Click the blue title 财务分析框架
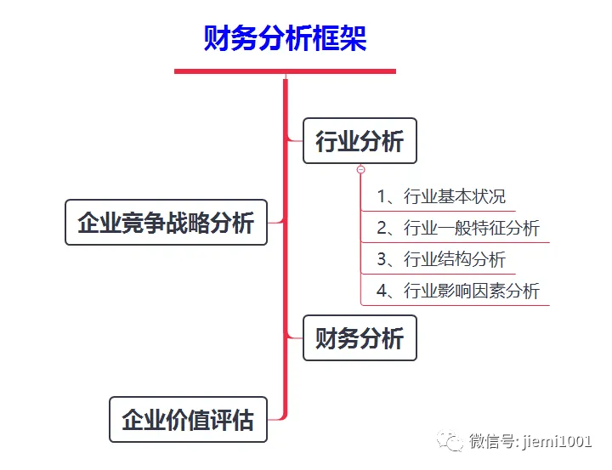(285, 38)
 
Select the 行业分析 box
(360, 141)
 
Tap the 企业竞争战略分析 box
(166, 223)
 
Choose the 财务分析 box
(360, 338)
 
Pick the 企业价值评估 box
(188, 420)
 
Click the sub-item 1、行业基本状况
(441, 196)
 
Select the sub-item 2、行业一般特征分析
(458, 228)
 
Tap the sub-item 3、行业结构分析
(441, 259)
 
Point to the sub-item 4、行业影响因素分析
(458, 291)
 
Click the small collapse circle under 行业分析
(361, 169)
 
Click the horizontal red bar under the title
(285, 71)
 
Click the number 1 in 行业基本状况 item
(382, 196)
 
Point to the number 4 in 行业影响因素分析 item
(382, 291)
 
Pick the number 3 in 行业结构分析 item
(382, 259)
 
